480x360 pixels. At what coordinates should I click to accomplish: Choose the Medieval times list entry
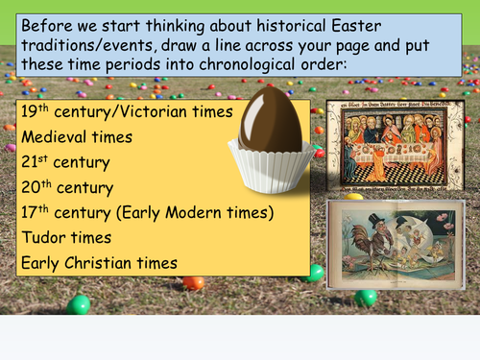(x=78, y=136)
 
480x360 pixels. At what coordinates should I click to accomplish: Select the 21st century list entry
(x=66, y=162)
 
